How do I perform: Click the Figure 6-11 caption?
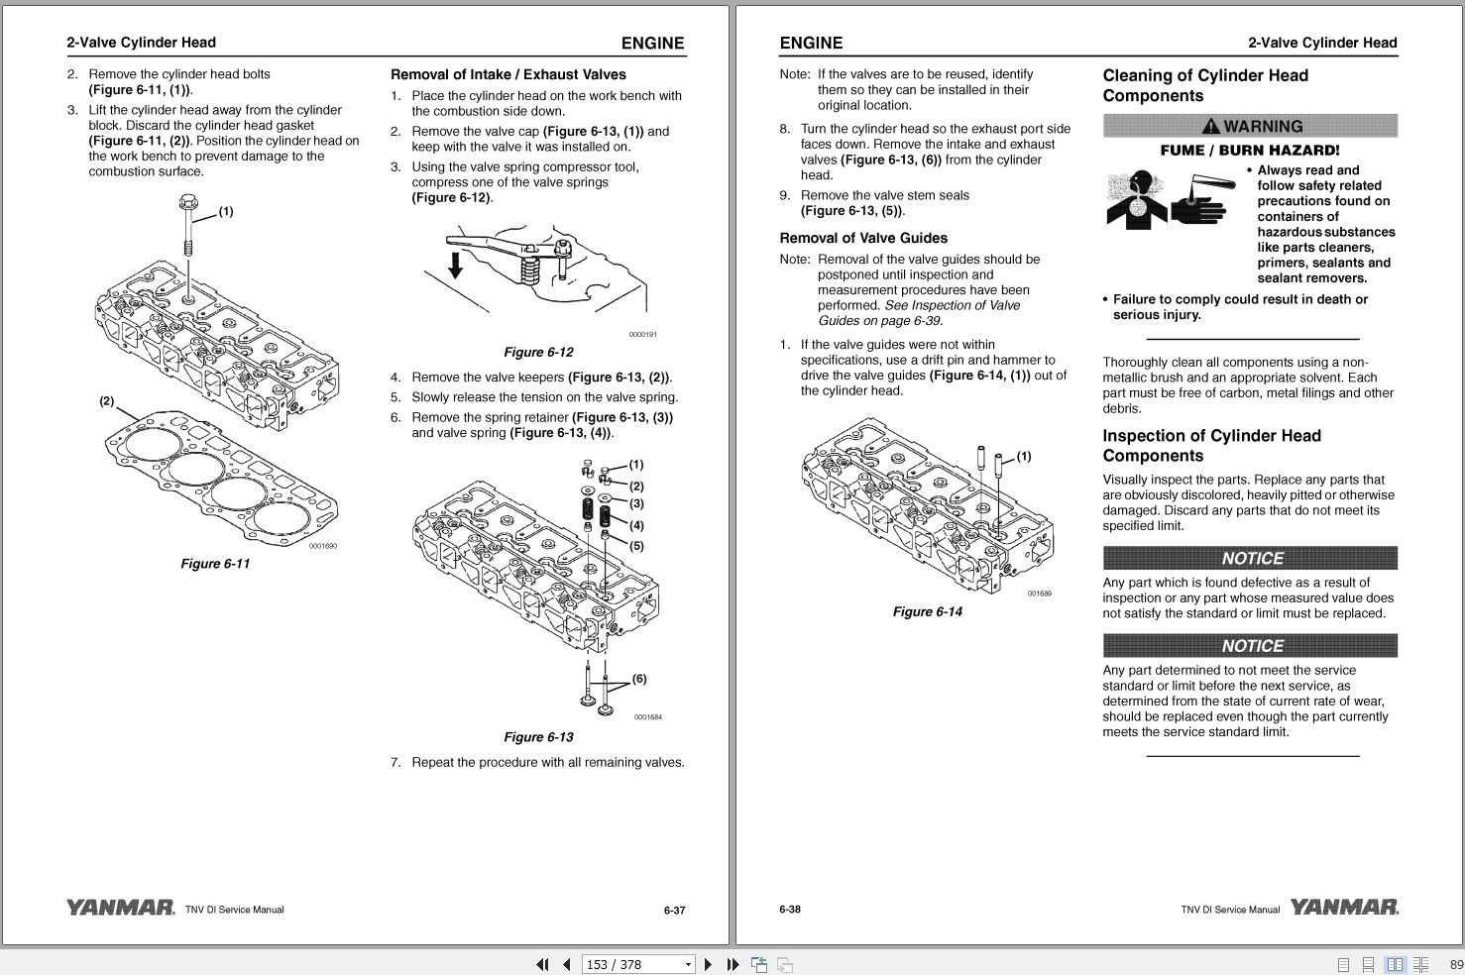pyautogui.click(x=215, y=564)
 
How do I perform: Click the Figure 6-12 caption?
pyautogui.click(x=538, y=352)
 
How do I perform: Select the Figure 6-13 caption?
pyautogui.click(x=538, y=737)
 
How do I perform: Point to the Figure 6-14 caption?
pyautogui.click(x=927, y=611)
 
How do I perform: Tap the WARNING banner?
pyautogui.click(x=1250, y=127)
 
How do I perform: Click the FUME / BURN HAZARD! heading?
pyautogui.click(x=1250, y=151)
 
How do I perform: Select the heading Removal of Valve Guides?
pyautogui.click(x=863, y=238)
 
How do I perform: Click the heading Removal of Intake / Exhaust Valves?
pyautogui.click(x=508, y=74)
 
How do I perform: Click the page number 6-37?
pyautogui.click(x=674, y=910)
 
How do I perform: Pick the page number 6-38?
pyautogui.click(x=790, y=909)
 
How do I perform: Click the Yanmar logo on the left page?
pyautogui.click(x=120, y=908)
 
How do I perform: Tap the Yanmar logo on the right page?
pyautogui.click(x=1344, y=908)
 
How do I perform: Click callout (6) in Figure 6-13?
pyautogui.click(x=639, y=679)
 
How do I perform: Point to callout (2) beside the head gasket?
pyautogui.click(x=106, y=401)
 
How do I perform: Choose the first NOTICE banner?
pyautogui.click(x=1250, y=558)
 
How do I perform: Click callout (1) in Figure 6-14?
pyautogui.click(x=1024, y=456)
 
